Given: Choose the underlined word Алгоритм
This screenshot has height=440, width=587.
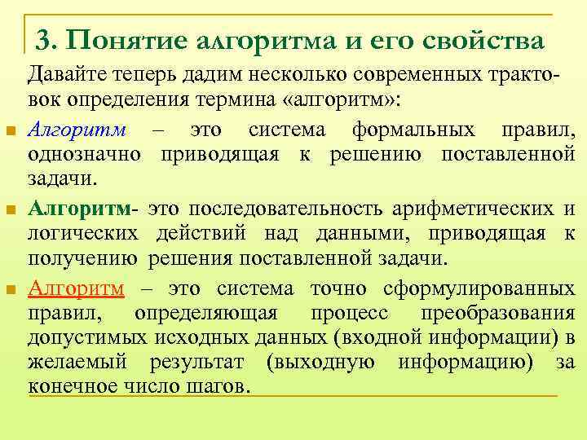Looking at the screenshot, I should point(76,288).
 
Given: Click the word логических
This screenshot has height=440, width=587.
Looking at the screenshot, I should point(84,235).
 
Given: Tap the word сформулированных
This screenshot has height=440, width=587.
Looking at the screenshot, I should point(485,288).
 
